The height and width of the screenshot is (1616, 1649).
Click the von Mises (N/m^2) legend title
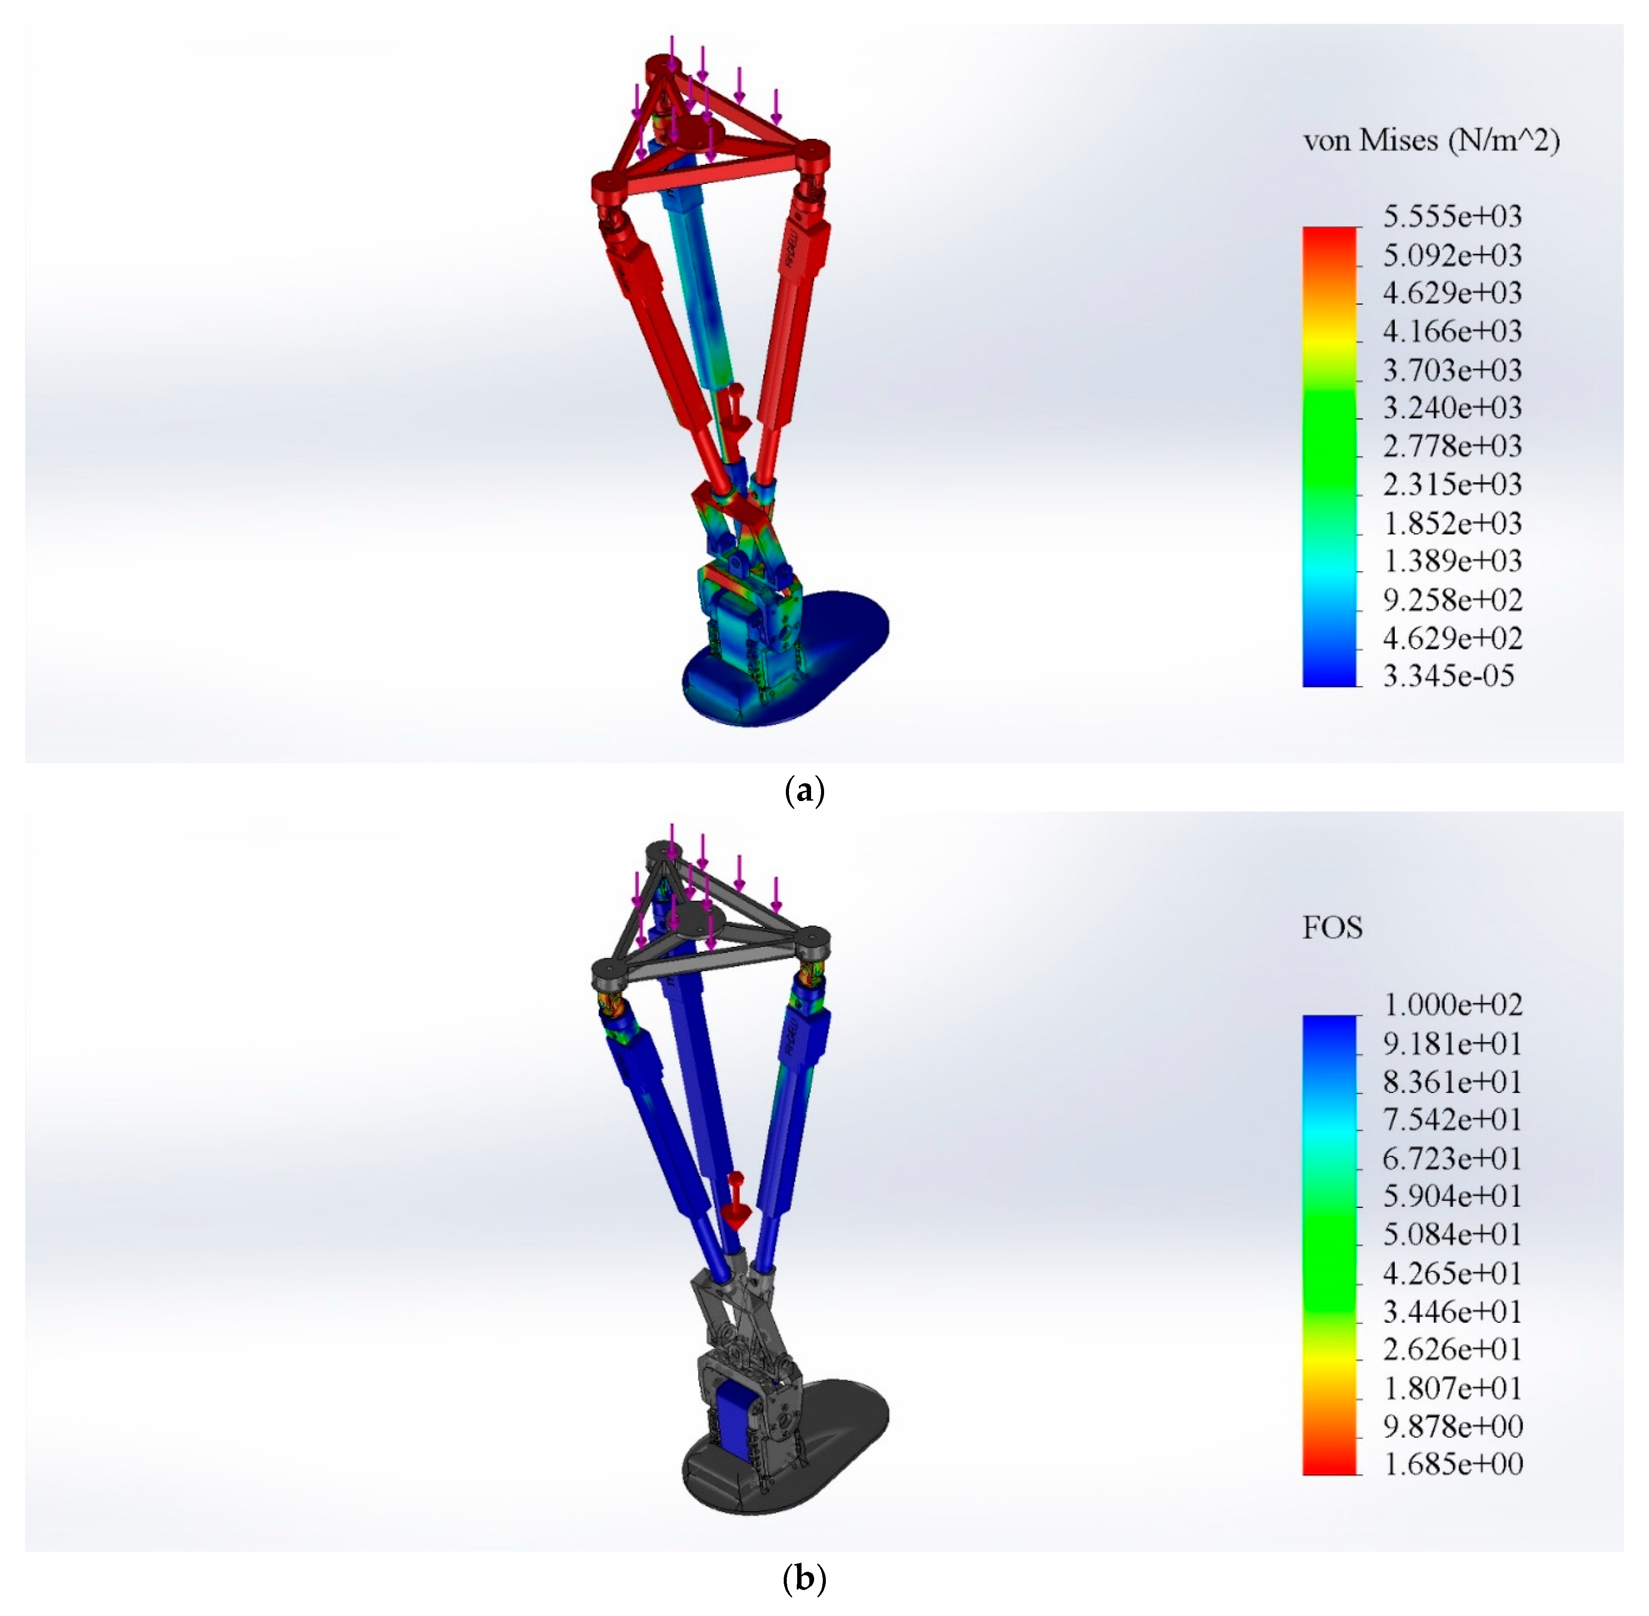[1431, 140]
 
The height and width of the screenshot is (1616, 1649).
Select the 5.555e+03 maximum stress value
[1452, 216]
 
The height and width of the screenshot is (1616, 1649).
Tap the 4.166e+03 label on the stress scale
[1452, 331]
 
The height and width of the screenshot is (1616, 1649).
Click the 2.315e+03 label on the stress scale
[1452, 484]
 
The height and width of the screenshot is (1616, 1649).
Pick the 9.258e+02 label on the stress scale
[1452, 600]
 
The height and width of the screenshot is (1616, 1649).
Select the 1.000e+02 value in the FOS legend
[1452, 1005]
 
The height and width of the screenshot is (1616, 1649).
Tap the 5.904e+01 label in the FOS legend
[1452, 1196]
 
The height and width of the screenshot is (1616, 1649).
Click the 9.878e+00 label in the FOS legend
[1452, 1426]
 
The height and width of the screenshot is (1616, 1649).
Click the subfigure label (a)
[803, 791]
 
